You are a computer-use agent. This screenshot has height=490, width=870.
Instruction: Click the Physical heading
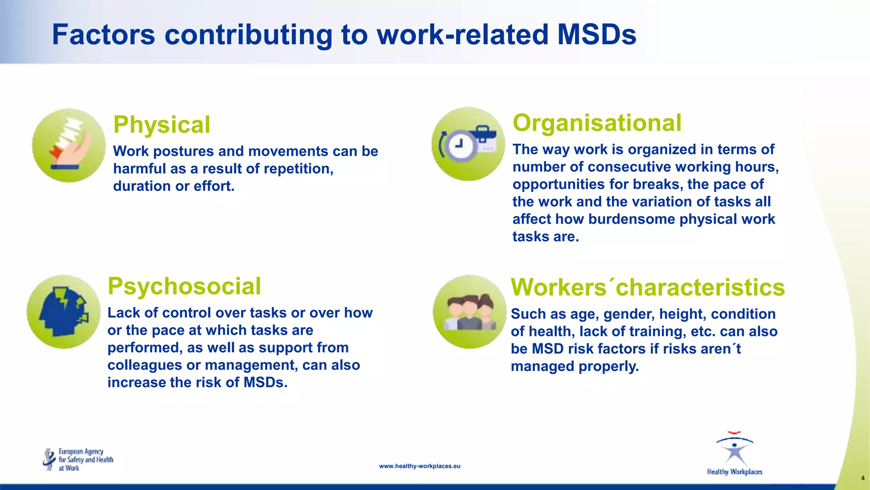[161, 125]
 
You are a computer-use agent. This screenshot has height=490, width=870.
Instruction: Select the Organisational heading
[597, 123]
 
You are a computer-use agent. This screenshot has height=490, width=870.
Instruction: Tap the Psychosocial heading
[184, 286]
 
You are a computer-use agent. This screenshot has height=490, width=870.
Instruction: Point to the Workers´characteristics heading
[647, 288]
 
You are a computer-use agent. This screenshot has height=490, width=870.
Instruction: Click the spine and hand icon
[69, 145]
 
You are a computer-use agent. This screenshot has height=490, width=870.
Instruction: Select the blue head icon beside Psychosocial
[63, 311]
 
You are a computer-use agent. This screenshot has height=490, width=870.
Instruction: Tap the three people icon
[469, 313]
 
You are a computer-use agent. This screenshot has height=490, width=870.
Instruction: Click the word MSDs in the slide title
[596, 34]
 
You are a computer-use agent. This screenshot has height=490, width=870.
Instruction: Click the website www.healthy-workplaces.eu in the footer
[419, 466]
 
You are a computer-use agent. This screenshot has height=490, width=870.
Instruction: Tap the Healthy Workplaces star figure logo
[734, 452]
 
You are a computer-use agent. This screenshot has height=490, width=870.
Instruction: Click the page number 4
[862, 478]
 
